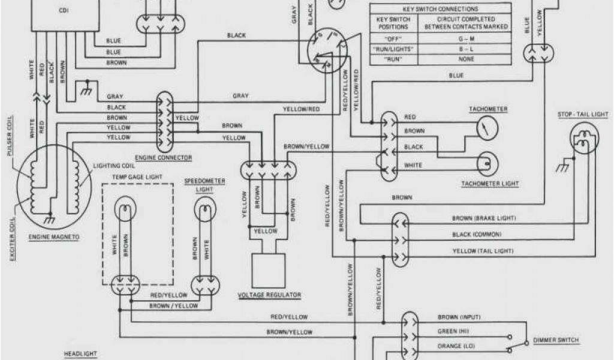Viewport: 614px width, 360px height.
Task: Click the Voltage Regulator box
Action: coord(268,271)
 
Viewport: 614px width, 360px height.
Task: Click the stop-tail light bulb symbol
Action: coord(583,139)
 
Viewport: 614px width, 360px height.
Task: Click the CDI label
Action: coord(64,11)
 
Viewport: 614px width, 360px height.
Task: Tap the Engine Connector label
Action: coord(163,158)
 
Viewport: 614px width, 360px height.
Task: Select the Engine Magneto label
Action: coord(54,237)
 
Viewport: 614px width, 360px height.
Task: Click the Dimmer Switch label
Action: coord(556,341)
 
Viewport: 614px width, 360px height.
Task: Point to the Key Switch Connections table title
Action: coord(440,9)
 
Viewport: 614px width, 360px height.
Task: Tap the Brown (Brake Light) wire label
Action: coord(484,218)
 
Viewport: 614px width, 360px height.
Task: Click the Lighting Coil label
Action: coord(112,165)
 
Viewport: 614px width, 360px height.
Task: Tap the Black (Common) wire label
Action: coord(476,234)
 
